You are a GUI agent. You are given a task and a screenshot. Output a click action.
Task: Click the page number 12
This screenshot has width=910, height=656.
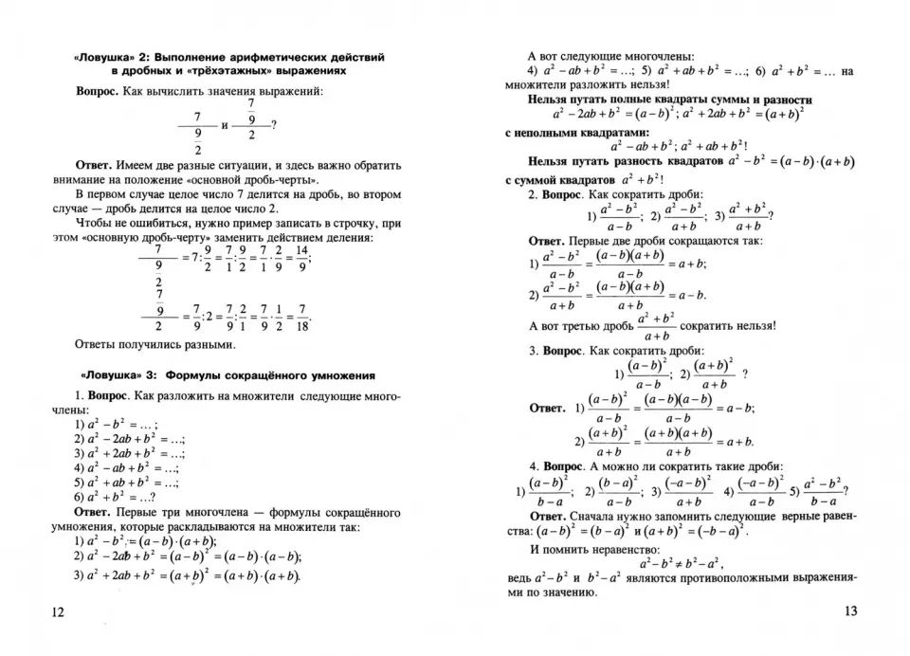[x=59, y=613]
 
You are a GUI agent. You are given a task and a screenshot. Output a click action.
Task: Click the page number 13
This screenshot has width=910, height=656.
[x=850, y=611]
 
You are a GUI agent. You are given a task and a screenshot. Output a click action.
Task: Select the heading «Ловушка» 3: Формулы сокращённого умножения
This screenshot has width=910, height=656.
[x=224, y=374]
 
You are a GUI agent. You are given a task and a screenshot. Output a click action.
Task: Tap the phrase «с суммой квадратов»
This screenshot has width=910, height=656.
[x=559, y=179]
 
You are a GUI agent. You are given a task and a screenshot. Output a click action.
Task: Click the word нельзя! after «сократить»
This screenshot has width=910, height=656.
[x=755, y=325]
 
